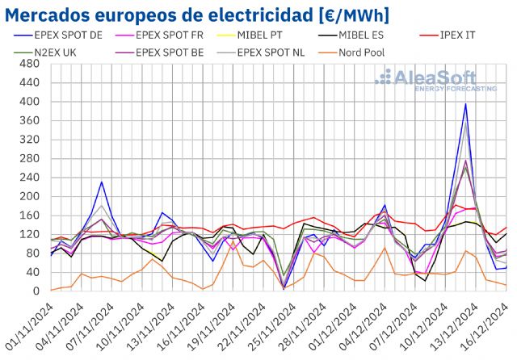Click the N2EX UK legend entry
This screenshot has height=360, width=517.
point(45,52)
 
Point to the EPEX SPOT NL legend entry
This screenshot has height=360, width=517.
point(259,52)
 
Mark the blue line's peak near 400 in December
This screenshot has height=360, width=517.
point(466,104)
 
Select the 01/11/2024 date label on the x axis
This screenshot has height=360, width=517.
point(29,327)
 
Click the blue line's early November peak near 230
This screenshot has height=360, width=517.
point(102,182)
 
